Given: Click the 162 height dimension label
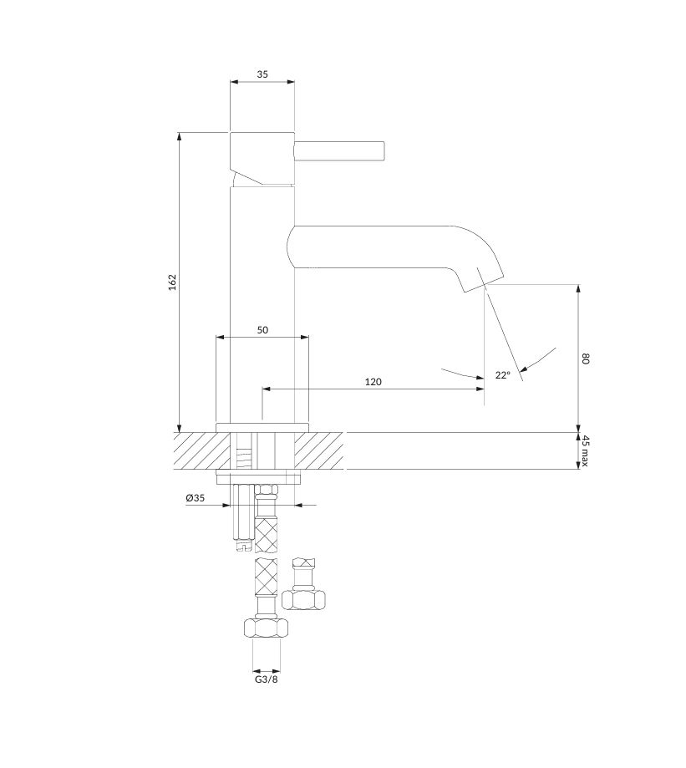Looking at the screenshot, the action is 172,282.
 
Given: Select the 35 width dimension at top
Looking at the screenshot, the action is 262,74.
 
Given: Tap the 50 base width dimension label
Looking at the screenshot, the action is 262,330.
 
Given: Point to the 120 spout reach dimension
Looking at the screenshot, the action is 373,382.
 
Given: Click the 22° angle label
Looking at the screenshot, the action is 502,375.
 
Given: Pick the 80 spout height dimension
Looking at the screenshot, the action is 586,358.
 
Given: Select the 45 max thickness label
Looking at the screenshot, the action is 586,450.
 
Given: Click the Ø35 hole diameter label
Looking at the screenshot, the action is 195,498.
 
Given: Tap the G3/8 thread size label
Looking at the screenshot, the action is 267,679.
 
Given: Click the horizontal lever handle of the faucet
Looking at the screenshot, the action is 340,151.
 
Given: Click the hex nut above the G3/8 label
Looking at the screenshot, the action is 266,628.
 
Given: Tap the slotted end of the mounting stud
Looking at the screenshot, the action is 243,545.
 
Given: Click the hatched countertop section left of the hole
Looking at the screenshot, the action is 201,450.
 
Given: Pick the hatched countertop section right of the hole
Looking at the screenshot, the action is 320,450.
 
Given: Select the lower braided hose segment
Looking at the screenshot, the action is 266,576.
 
